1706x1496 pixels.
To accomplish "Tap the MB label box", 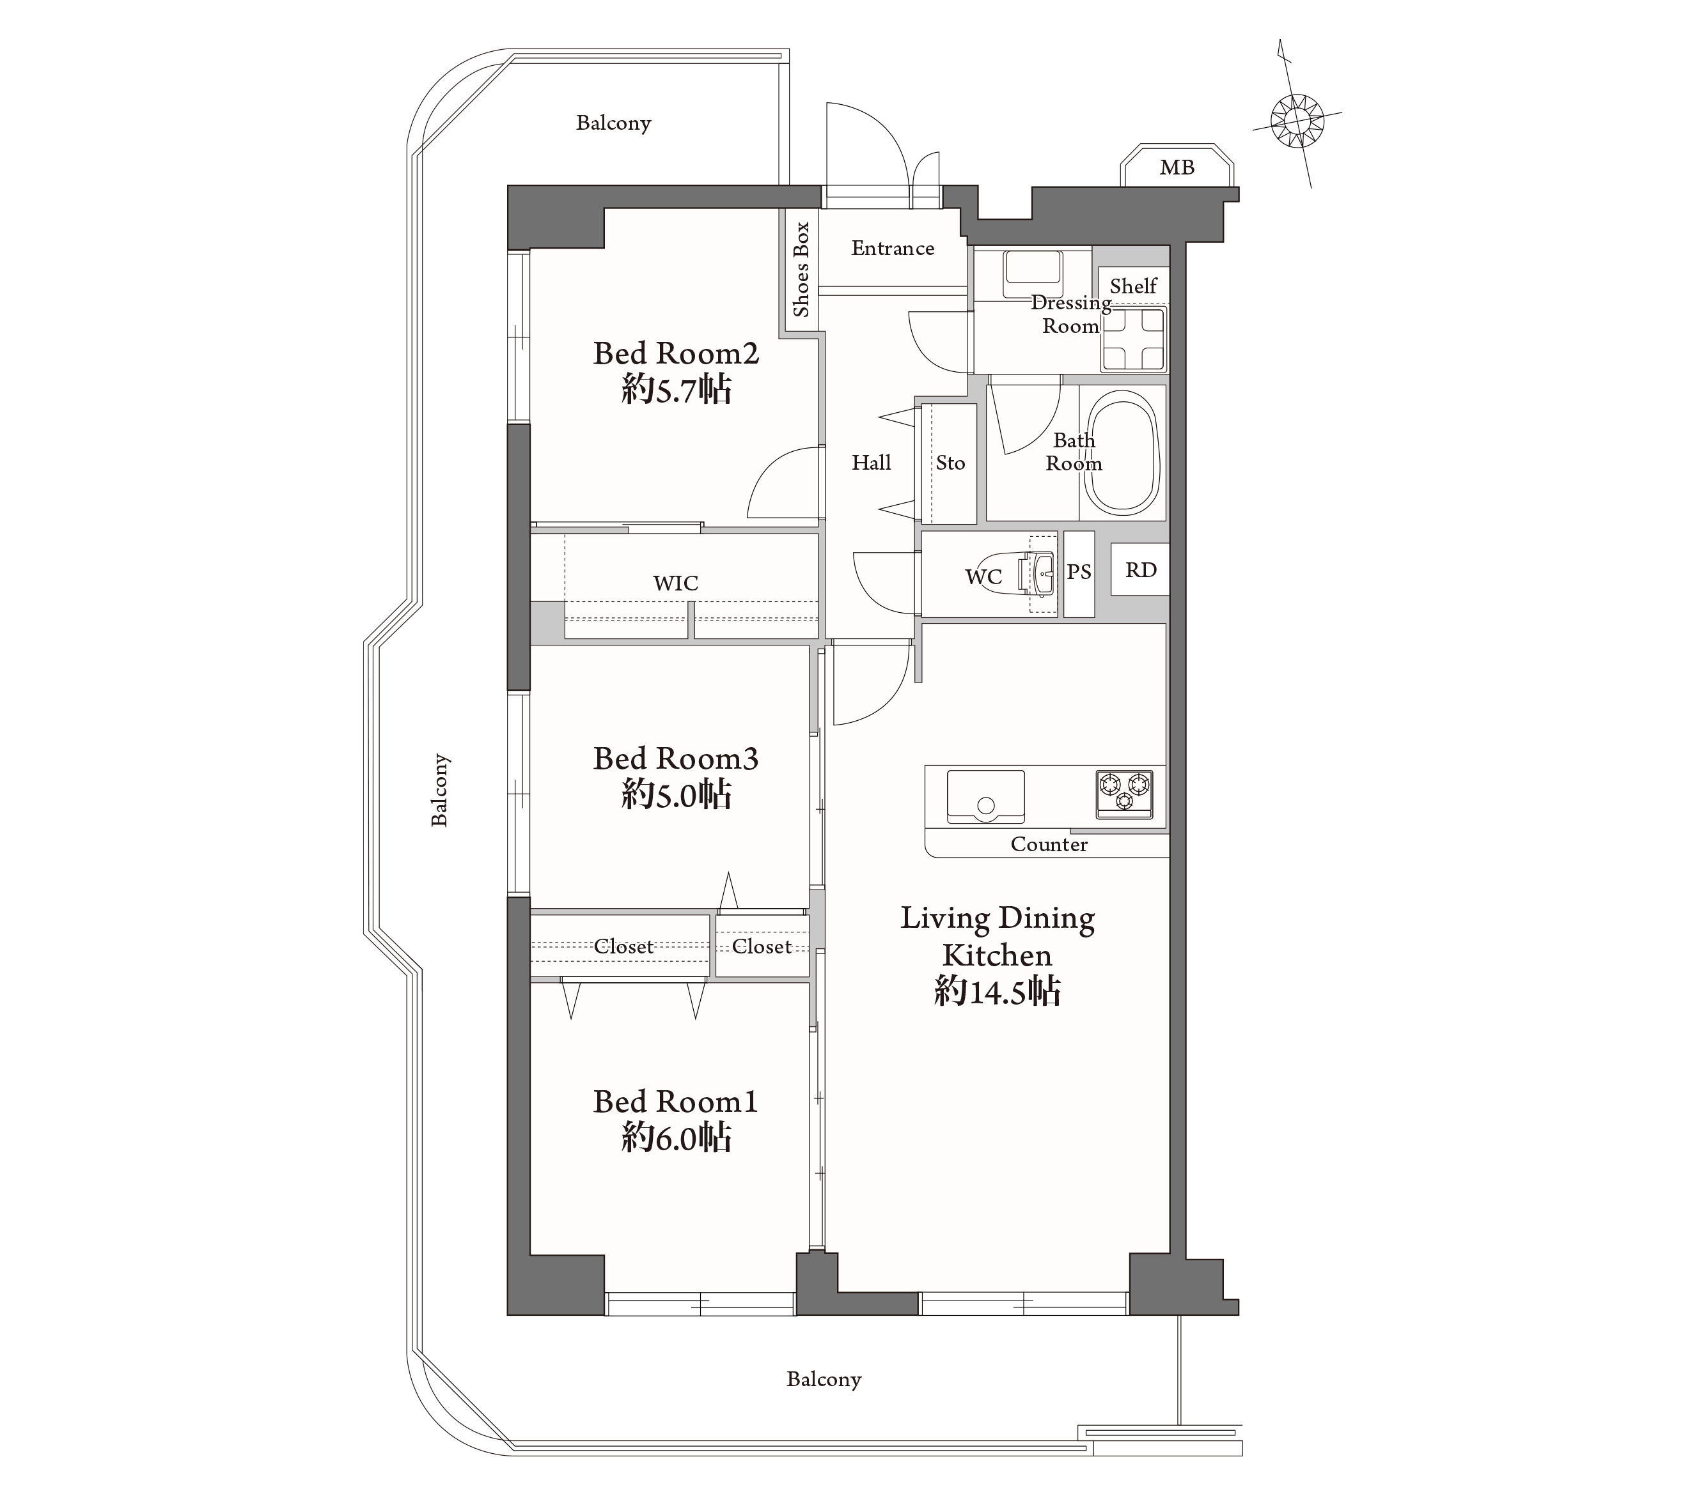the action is point(1177,166).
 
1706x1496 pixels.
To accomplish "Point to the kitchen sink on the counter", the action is point(986,796).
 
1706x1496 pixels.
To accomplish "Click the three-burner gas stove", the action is point(1124,794).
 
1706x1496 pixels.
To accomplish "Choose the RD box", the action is point(1140,569).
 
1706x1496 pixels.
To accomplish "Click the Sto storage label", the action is point(950,463).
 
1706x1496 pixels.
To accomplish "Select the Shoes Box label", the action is point(801,270).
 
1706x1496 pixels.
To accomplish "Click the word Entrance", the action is point(892,248).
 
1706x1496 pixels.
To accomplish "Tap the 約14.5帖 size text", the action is point(998,991).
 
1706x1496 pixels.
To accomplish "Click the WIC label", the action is point(675,583).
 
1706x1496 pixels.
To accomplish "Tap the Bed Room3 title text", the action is point(675,759).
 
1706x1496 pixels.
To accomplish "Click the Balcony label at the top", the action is point(613,123).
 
